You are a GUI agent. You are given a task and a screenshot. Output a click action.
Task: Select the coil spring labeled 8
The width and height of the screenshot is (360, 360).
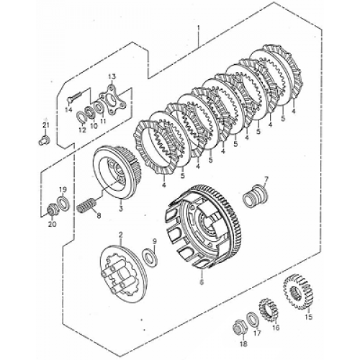point(86,204)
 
